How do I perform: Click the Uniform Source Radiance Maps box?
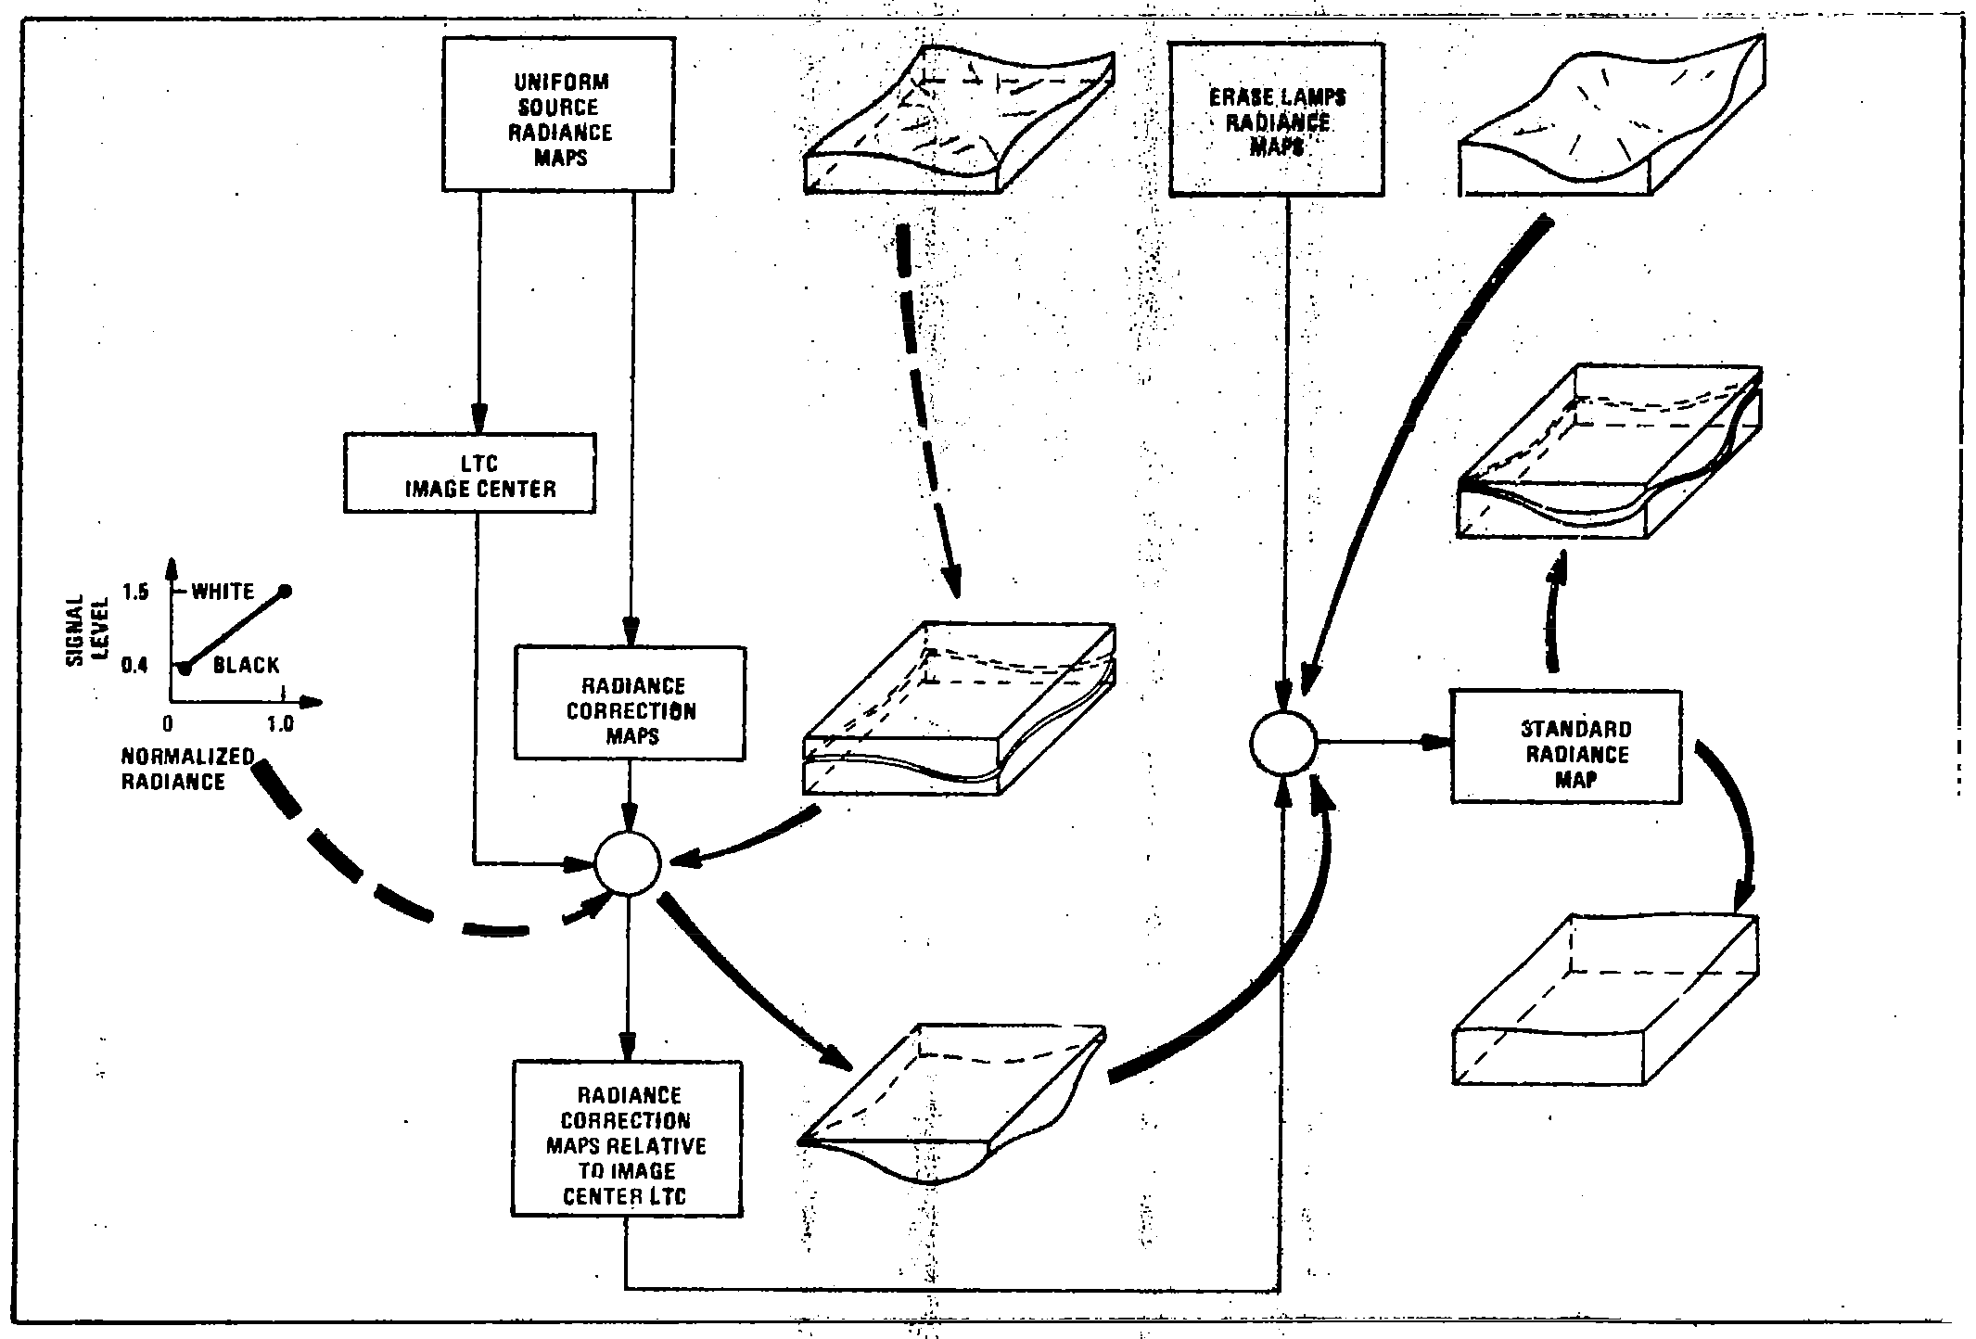click(x=558, y=115)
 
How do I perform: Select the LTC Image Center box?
click(x=469, y=473)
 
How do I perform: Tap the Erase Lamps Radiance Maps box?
click(x=1277, y=120)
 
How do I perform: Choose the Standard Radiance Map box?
click(x=1566, y=746)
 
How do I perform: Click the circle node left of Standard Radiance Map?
click(x=1283, y=742)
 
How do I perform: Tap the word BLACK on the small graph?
click(x=246, y=665)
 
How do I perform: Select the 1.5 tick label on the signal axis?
click(x=134, y=592)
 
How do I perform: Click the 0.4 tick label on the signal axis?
click(x=134, y=665)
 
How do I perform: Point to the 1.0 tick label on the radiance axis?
click(x=279, y=724)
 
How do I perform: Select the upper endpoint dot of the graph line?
click(x=285, y=591)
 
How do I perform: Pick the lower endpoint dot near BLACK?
click(x=185, y=668)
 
